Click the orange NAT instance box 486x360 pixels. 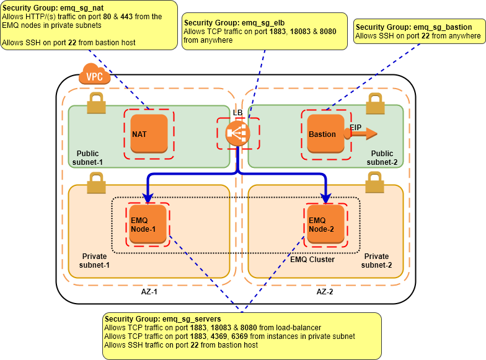(x=149, y=133)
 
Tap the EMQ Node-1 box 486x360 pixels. (x=149, y=224)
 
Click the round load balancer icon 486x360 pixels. (x=237, y=133)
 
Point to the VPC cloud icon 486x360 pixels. (x=94, y=76)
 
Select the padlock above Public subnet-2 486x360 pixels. (x=374, y=103)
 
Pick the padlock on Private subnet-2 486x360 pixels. (x=374, y=182)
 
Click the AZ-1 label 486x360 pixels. (x=149, y=291)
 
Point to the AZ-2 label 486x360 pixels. (x=324, y=291)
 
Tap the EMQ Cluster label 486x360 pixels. (x=312, y=260)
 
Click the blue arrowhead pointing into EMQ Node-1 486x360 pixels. (x=149, y=198)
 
